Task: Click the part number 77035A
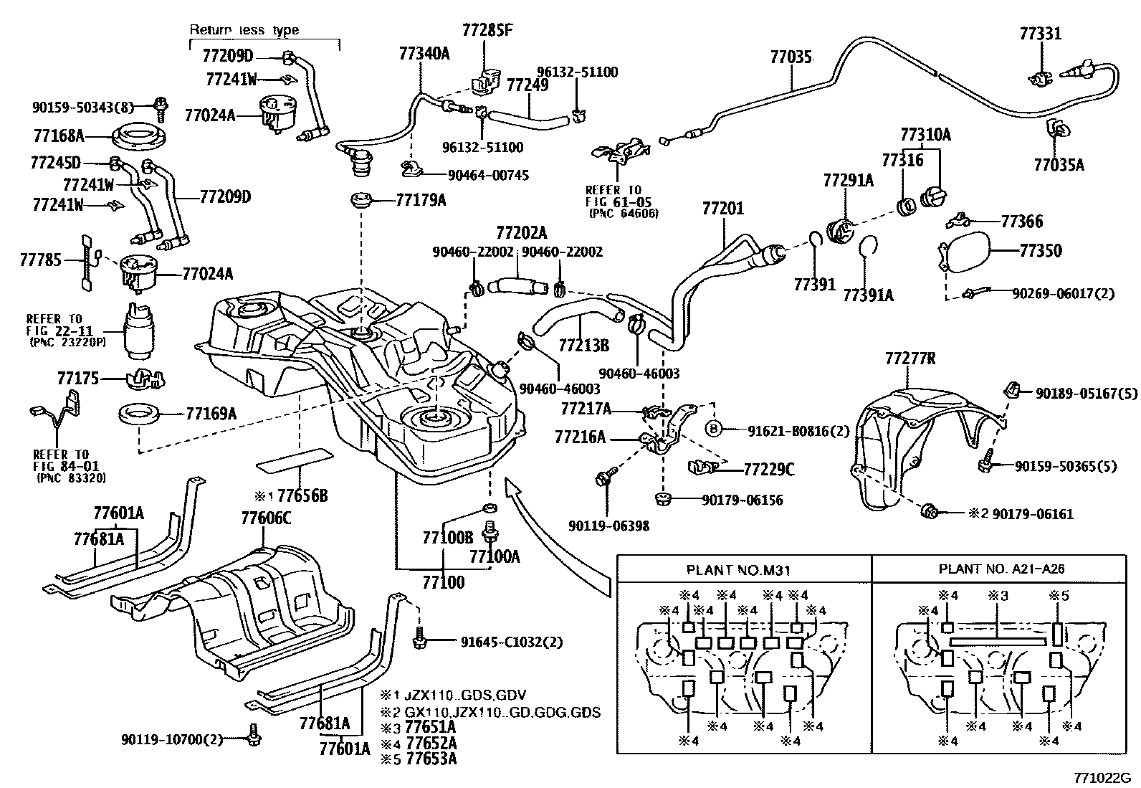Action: [x=1059, y=165]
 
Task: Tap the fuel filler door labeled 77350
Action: [x=965, y=252]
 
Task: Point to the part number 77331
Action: [x=1041, y=34]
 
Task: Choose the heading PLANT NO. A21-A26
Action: [x=1001, y=569]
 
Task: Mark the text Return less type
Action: [x=244, y=30]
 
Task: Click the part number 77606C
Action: [x=266, y=518]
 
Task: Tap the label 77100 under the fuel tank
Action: [x=443, y=581]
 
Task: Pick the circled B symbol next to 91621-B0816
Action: [x=714, y=430]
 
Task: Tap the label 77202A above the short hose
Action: [x=521, y=233]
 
